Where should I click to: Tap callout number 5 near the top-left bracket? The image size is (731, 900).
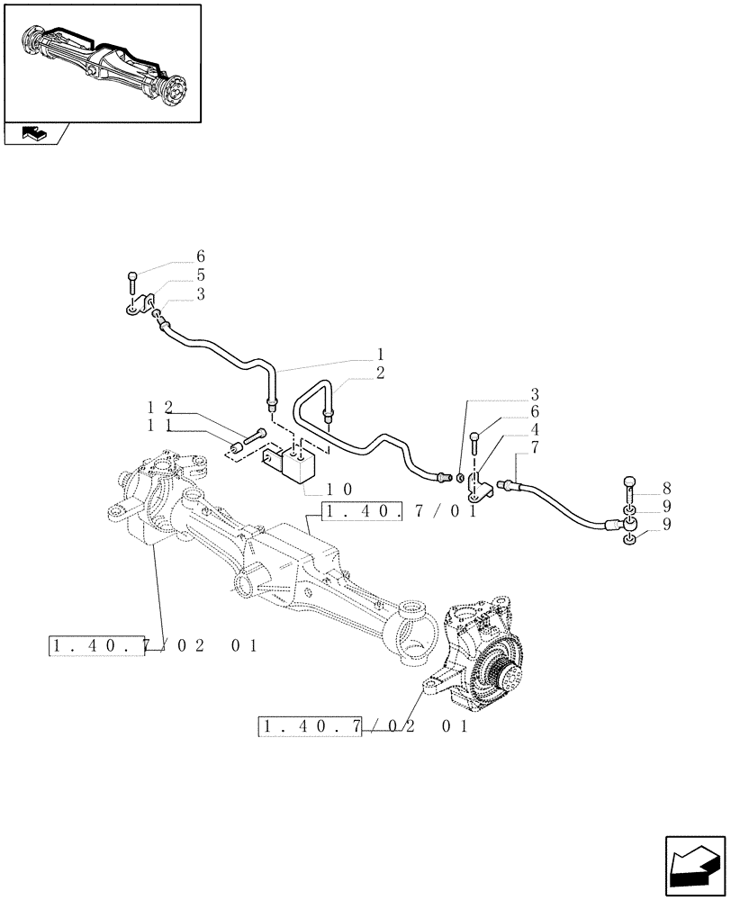[201, 274]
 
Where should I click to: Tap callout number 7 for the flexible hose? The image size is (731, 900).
[535, 446]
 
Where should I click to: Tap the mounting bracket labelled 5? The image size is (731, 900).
[140, 306]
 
